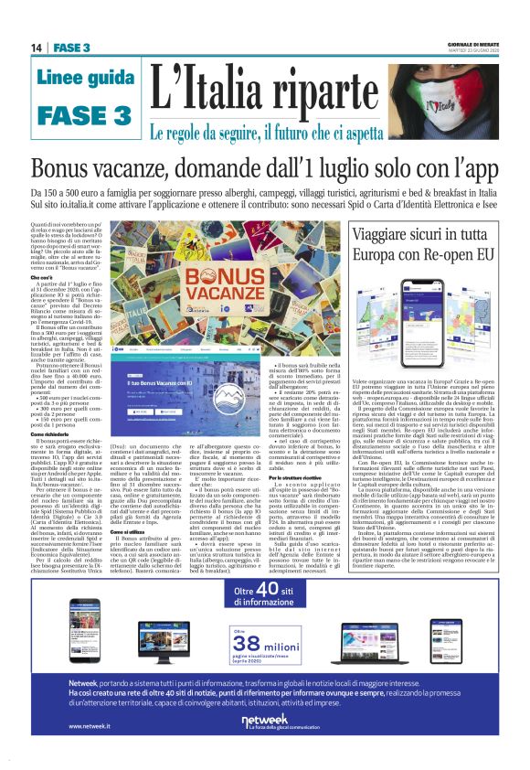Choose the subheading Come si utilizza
point(129,506)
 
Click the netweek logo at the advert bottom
point(264,722)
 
